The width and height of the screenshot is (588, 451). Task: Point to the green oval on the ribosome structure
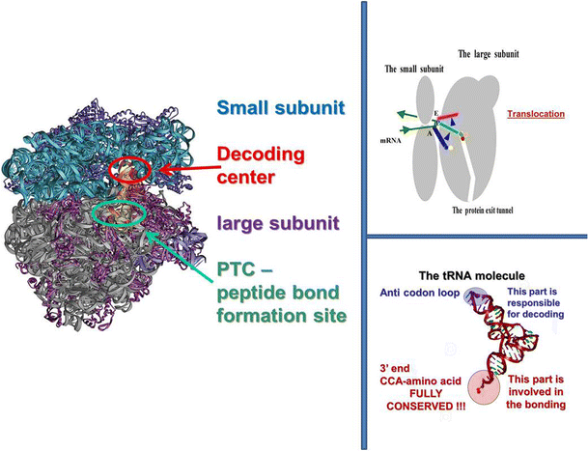point(120,210)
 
